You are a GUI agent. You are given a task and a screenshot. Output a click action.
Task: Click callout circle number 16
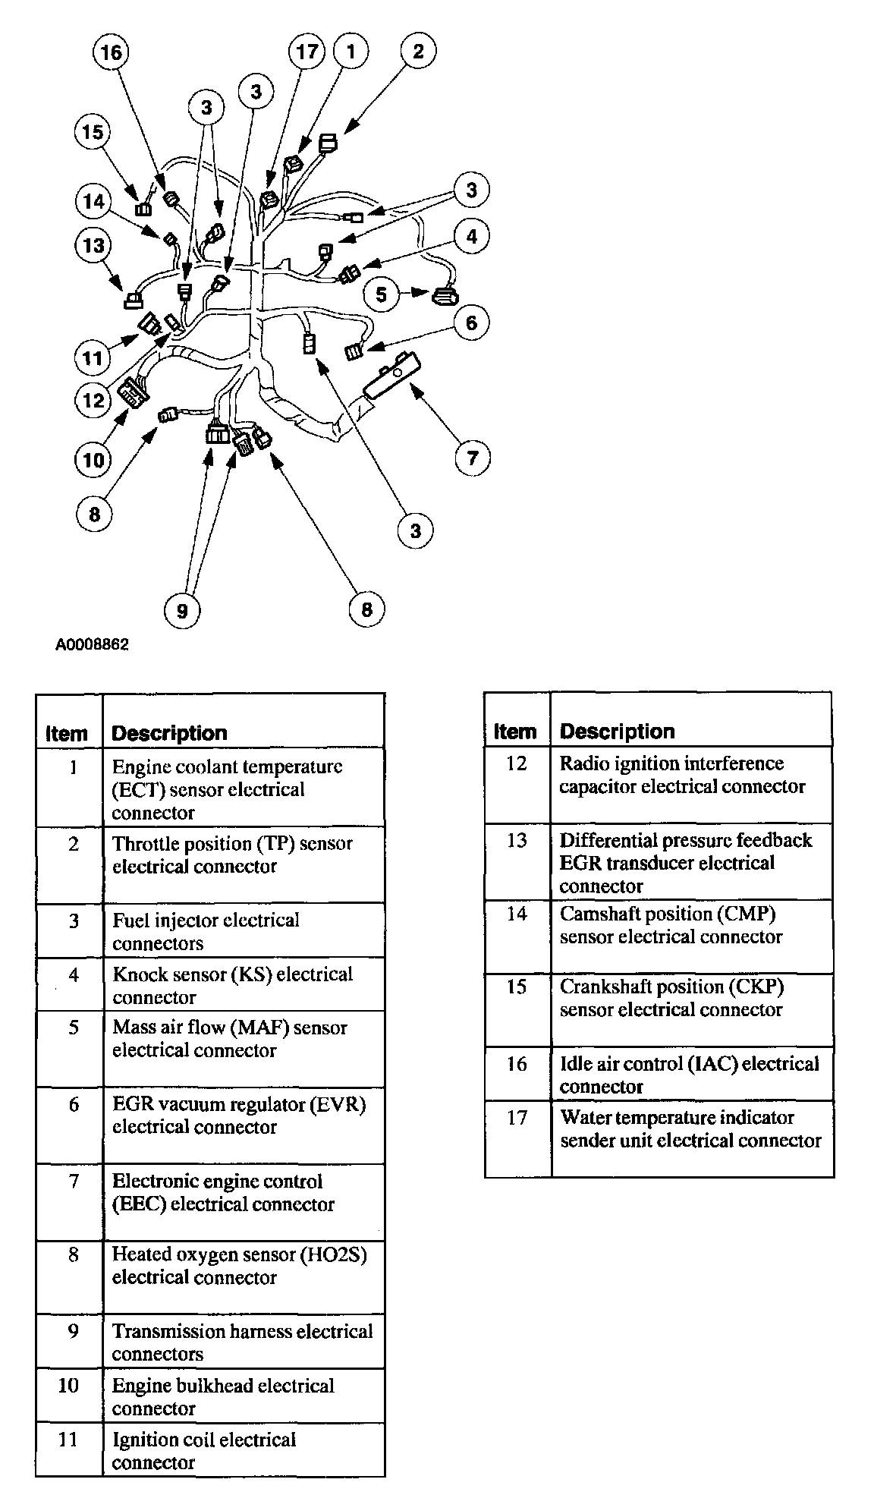(x=111, y=52)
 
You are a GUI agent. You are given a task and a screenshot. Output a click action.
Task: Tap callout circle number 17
(x=307, y=52)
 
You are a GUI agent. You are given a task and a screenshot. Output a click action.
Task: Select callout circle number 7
(x=473, y=458)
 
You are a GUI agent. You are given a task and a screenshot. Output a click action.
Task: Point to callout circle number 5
(x=382, y=294)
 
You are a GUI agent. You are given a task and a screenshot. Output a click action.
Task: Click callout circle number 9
(x=182, y=610)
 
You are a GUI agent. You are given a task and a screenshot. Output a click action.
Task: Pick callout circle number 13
(x=93, y=245)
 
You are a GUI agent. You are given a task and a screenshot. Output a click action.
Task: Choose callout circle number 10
(x=93, y=459)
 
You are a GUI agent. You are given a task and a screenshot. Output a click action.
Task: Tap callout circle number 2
(x=418, y=52)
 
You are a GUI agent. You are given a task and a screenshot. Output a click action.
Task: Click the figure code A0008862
(x=92, y=645)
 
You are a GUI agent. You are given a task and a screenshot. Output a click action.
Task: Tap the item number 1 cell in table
(x=73, y=767)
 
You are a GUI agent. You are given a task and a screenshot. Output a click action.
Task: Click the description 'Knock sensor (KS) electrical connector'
(x=232, y=985)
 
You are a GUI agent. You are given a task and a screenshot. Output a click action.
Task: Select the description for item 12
(x=681, y=775)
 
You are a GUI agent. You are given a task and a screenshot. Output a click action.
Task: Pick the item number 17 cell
(x=517, y=1118)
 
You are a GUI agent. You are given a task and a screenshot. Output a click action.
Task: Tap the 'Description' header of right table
(x=617, y=732)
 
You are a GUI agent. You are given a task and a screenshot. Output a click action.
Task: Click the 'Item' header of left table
(x=67, y=734)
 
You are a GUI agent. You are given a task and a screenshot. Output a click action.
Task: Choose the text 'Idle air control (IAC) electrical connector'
(x=689, y=1075)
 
